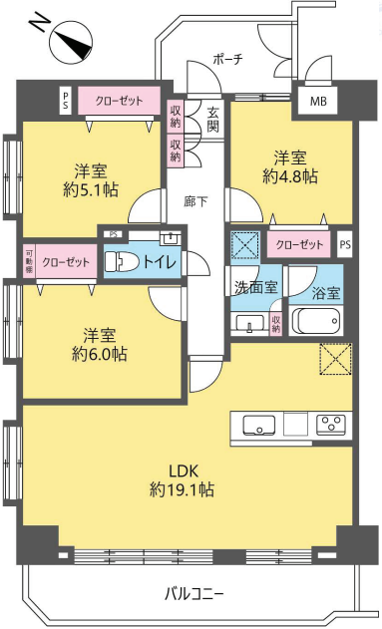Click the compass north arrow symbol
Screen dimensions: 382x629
[x=71, y=43]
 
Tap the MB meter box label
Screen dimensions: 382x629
[x=318, y=102]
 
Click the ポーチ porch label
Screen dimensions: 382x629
[x=228, y=60]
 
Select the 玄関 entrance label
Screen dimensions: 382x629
[x=213, y=120]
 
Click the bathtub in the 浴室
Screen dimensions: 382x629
[x=316, y=319]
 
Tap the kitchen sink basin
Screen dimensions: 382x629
[x=258, y=426]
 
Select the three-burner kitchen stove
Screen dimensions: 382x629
[x=331, y=425]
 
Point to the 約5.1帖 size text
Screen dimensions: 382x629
[x=91, y=189]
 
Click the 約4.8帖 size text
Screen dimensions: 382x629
[x=290, y=176]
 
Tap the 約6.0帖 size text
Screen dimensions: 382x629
[x=100, y=354]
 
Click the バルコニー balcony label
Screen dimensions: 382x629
[x=193, y=593]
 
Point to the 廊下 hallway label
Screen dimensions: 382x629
[x=196, y=201]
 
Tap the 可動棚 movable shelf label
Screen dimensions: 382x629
[x=30, y=261]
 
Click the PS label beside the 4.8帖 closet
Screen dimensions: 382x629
[x=345, y=244]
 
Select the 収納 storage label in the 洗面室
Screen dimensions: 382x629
[x=275, y=323]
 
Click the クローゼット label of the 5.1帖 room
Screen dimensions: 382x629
[x=119, y=101]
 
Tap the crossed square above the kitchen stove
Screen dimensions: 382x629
[x=335, y=359]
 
